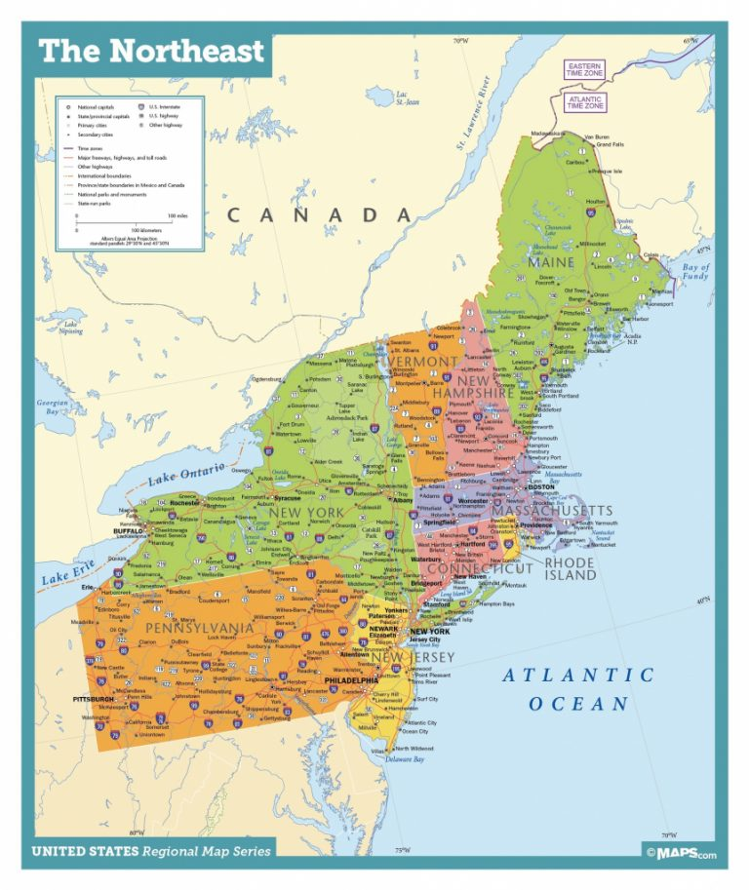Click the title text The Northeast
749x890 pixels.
point(151,51)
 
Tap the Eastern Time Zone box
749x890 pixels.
point(585,69)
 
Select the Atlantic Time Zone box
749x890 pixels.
point(585,101)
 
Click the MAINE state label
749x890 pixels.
point(552,262)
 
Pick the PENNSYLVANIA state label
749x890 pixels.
point(199,628)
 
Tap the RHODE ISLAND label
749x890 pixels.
point(570,569)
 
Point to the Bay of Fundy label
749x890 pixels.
point(696,272)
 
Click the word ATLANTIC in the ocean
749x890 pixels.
point(578,675)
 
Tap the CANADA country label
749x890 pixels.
point(319,215)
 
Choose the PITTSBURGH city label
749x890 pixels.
point(95,699)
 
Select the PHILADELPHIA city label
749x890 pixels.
point(351,680)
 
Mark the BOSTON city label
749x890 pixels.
point(540,487)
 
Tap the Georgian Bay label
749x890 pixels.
point(53,407)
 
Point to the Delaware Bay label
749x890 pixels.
point(407,758)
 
